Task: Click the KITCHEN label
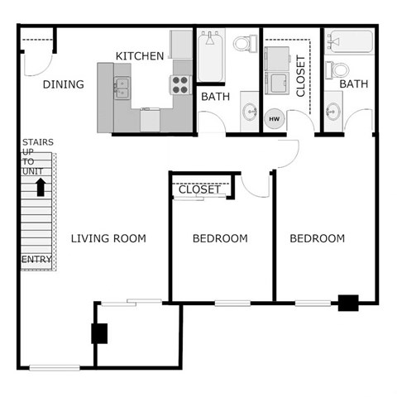[x=139, y=56]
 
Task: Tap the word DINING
[x=63, y=84]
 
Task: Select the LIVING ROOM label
[x=108, y=239]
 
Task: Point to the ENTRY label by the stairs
[x=36, y=260]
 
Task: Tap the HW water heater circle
[x=275, y=119]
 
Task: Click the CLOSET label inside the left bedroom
[x=199, y=190]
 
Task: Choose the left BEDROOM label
[x=220, y=239]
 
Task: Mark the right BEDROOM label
[x=317, y=239]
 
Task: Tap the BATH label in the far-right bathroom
[x=353, y=84]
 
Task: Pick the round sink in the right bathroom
[x=333, y=110]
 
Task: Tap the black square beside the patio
[x=100, y=333]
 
